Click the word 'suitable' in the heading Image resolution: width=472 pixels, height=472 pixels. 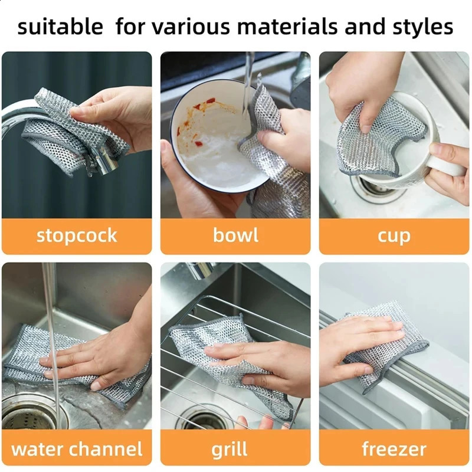pos(60,27)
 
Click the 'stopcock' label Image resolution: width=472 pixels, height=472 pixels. pos(77,235)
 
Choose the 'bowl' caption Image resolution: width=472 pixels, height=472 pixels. pos(235,235)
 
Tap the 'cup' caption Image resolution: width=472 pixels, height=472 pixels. pos(394,235)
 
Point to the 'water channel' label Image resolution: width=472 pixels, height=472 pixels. pos(77,449)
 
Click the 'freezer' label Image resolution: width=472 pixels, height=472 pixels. pos(394,449)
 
